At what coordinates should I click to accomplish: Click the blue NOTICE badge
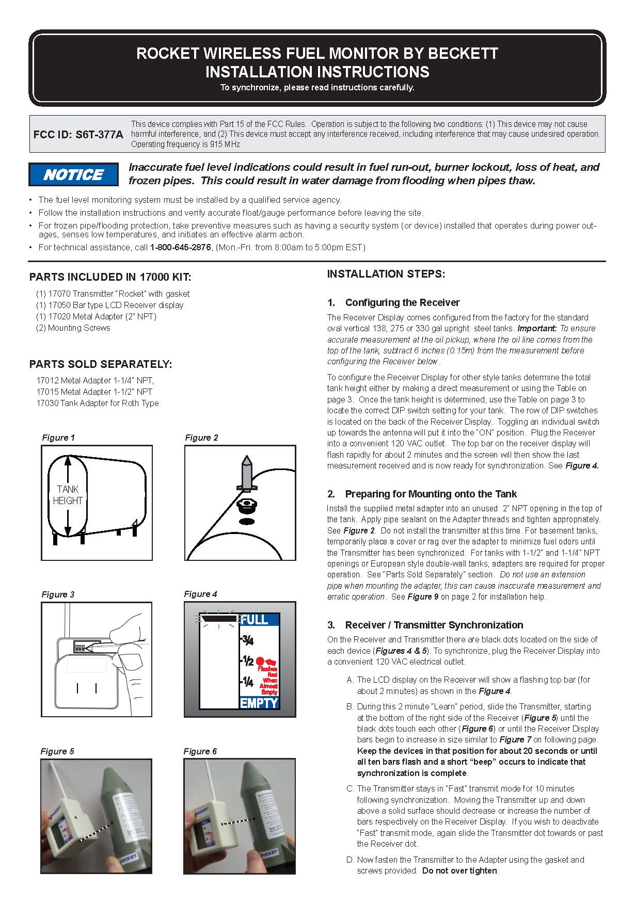pos(73,174)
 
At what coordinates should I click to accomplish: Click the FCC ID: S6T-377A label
pos(78,135)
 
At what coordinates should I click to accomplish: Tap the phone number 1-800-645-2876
pos(180,248)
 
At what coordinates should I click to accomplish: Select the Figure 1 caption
pos(58,438)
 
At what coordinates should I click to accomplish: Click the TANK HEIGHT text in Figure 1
pos(68,495)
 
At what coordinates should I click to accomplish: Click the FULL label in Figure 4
pos(255,620)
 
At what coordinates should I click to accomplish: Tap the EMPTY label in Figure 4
pos(259,703)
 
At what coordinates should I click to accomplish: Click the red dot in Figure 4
pos(260,660)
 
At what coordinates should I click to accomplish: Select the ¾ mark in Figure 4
pos(247,640)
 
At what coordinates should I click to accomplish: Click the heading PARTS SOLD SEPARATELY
pos(101,364)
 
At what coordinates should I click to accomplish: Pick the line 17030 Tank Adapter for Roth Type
pos(98,403)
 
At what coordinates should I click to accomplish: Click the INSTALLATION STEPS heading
pos(386,274)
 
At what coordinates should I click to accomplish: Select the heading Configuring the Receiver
pos(402,302)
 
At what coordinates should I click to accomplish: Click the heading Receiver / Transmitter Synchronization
pos(434,625)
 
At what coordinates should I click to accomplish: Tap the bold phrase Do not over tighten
pos(460,870)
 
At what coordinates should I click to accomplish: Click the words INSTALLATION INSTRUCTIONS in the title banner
pos(317,71)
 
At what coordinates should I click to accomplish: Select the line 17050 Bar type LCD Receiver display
pos(109,305)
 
